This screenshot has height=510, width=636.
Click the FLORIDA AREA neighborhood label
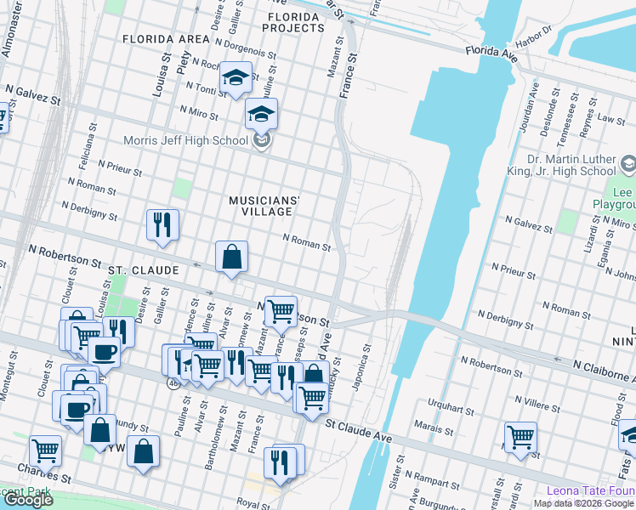click(166, 39)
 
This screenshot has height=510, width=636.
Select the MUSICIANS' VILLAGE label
click(264, 206)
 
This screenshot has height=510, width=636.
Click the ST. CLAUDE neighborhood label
click(143, 270)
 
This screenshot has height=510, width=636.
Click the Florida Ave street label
click(491, 52)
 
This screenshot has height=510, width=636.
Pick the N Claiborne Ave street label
click(603, 371)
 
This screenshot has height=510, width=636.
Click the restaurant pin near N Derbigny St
click(162, 225)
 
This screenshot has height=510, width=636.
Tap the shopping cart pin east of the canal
click(520, 438)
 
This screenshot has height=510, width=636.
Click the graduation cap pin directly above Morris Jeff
click(262, 114)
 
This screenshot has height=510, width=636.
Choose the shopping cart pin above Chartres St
click(45, 451)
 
